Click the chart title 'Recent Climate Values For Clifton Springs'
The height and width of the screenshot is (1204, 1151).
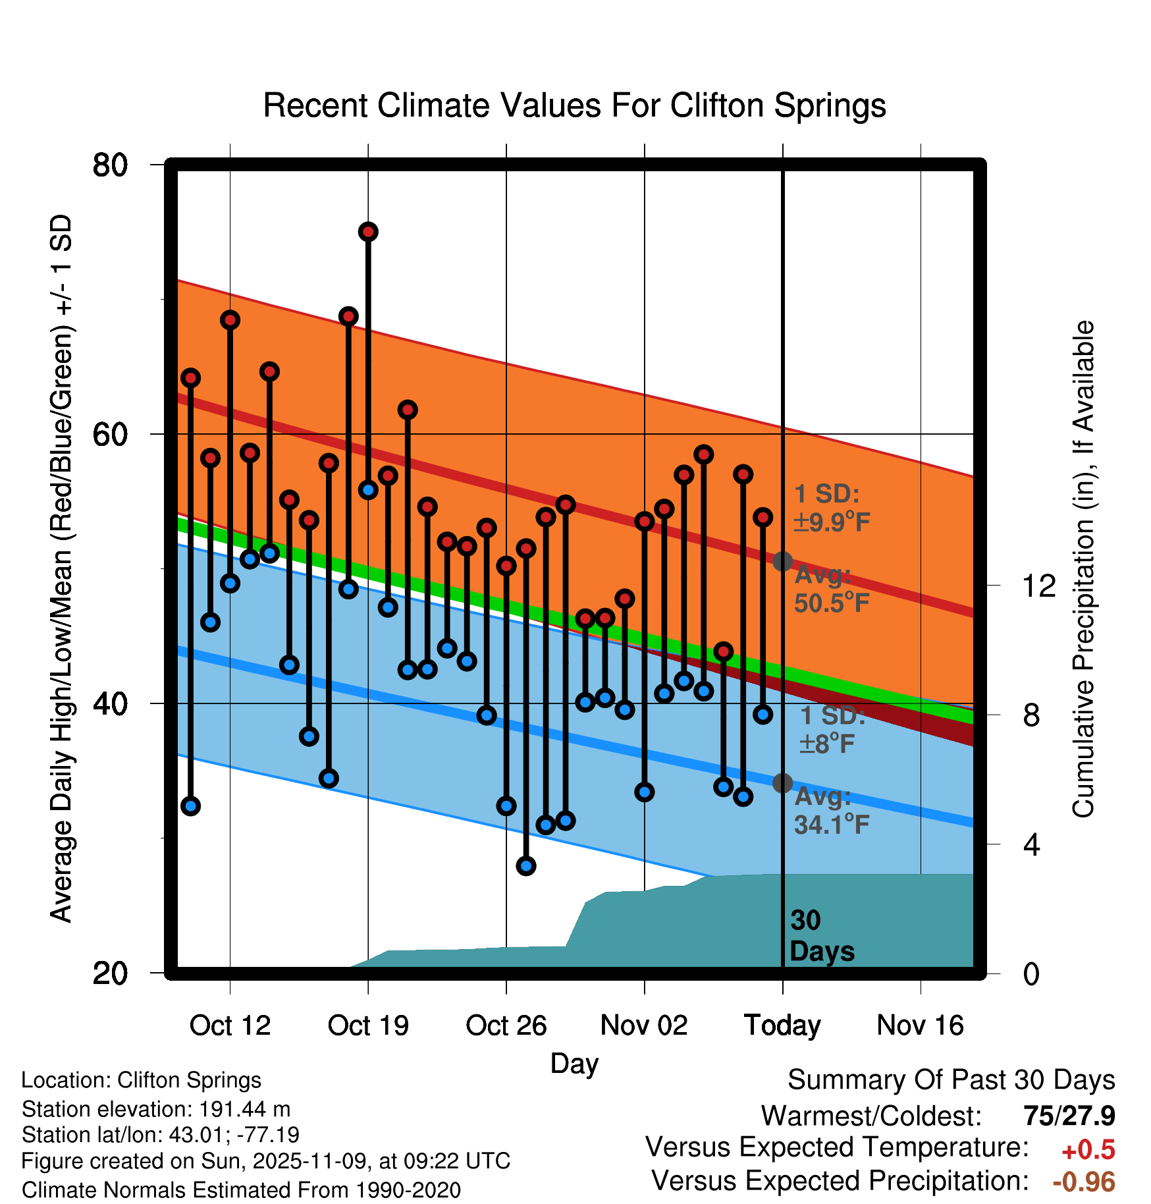click(574, 105)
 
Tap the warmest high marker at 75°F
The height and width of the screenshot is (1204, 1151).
click(368, 232)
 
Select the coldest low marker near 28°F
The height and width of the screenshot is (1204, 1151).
click(526, 866)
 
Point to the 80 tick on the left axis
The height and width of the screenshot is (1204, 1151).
click(111, 165)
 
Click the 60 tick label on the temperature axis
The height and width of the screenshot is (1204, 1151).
click(111, 435)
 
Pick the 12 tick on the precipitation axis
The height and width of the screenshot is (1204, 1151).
click(1039, 586)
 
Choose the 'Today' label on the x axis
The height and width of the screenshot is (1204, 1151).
click(782, 1026)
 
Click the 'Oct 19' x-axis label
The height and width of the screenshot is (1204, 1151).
click(368, 1026)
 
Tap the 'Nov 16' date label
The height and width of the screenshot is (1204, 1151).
click(920, 1026)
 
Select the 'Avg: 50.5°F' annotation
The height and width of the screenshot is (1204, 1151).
click(832, 589)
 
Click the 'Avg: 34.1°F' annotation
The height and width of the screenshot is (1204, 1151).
click(832, 811)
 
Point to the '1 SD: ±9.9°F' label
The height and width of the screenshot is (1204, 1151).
click(832, 508)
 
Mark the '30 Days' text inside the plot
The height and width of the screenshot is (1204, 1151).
click(821, 936)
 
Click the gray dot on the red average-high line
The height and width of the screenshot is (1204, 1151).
click(782, 562)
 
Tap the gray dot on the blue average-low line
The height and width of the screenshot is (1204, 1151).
click(782, 783)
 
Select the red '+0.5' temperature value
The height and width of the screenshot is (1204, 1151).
click(1088, 1150)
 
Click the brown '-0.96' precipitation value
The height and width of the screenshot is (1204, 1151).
click(1084, 1182)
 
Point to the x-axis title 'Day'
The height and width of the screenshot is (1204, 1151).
click(574, 1064)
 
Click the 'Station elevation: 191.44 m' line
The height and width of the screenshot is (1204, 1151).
click(156, 1109)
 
